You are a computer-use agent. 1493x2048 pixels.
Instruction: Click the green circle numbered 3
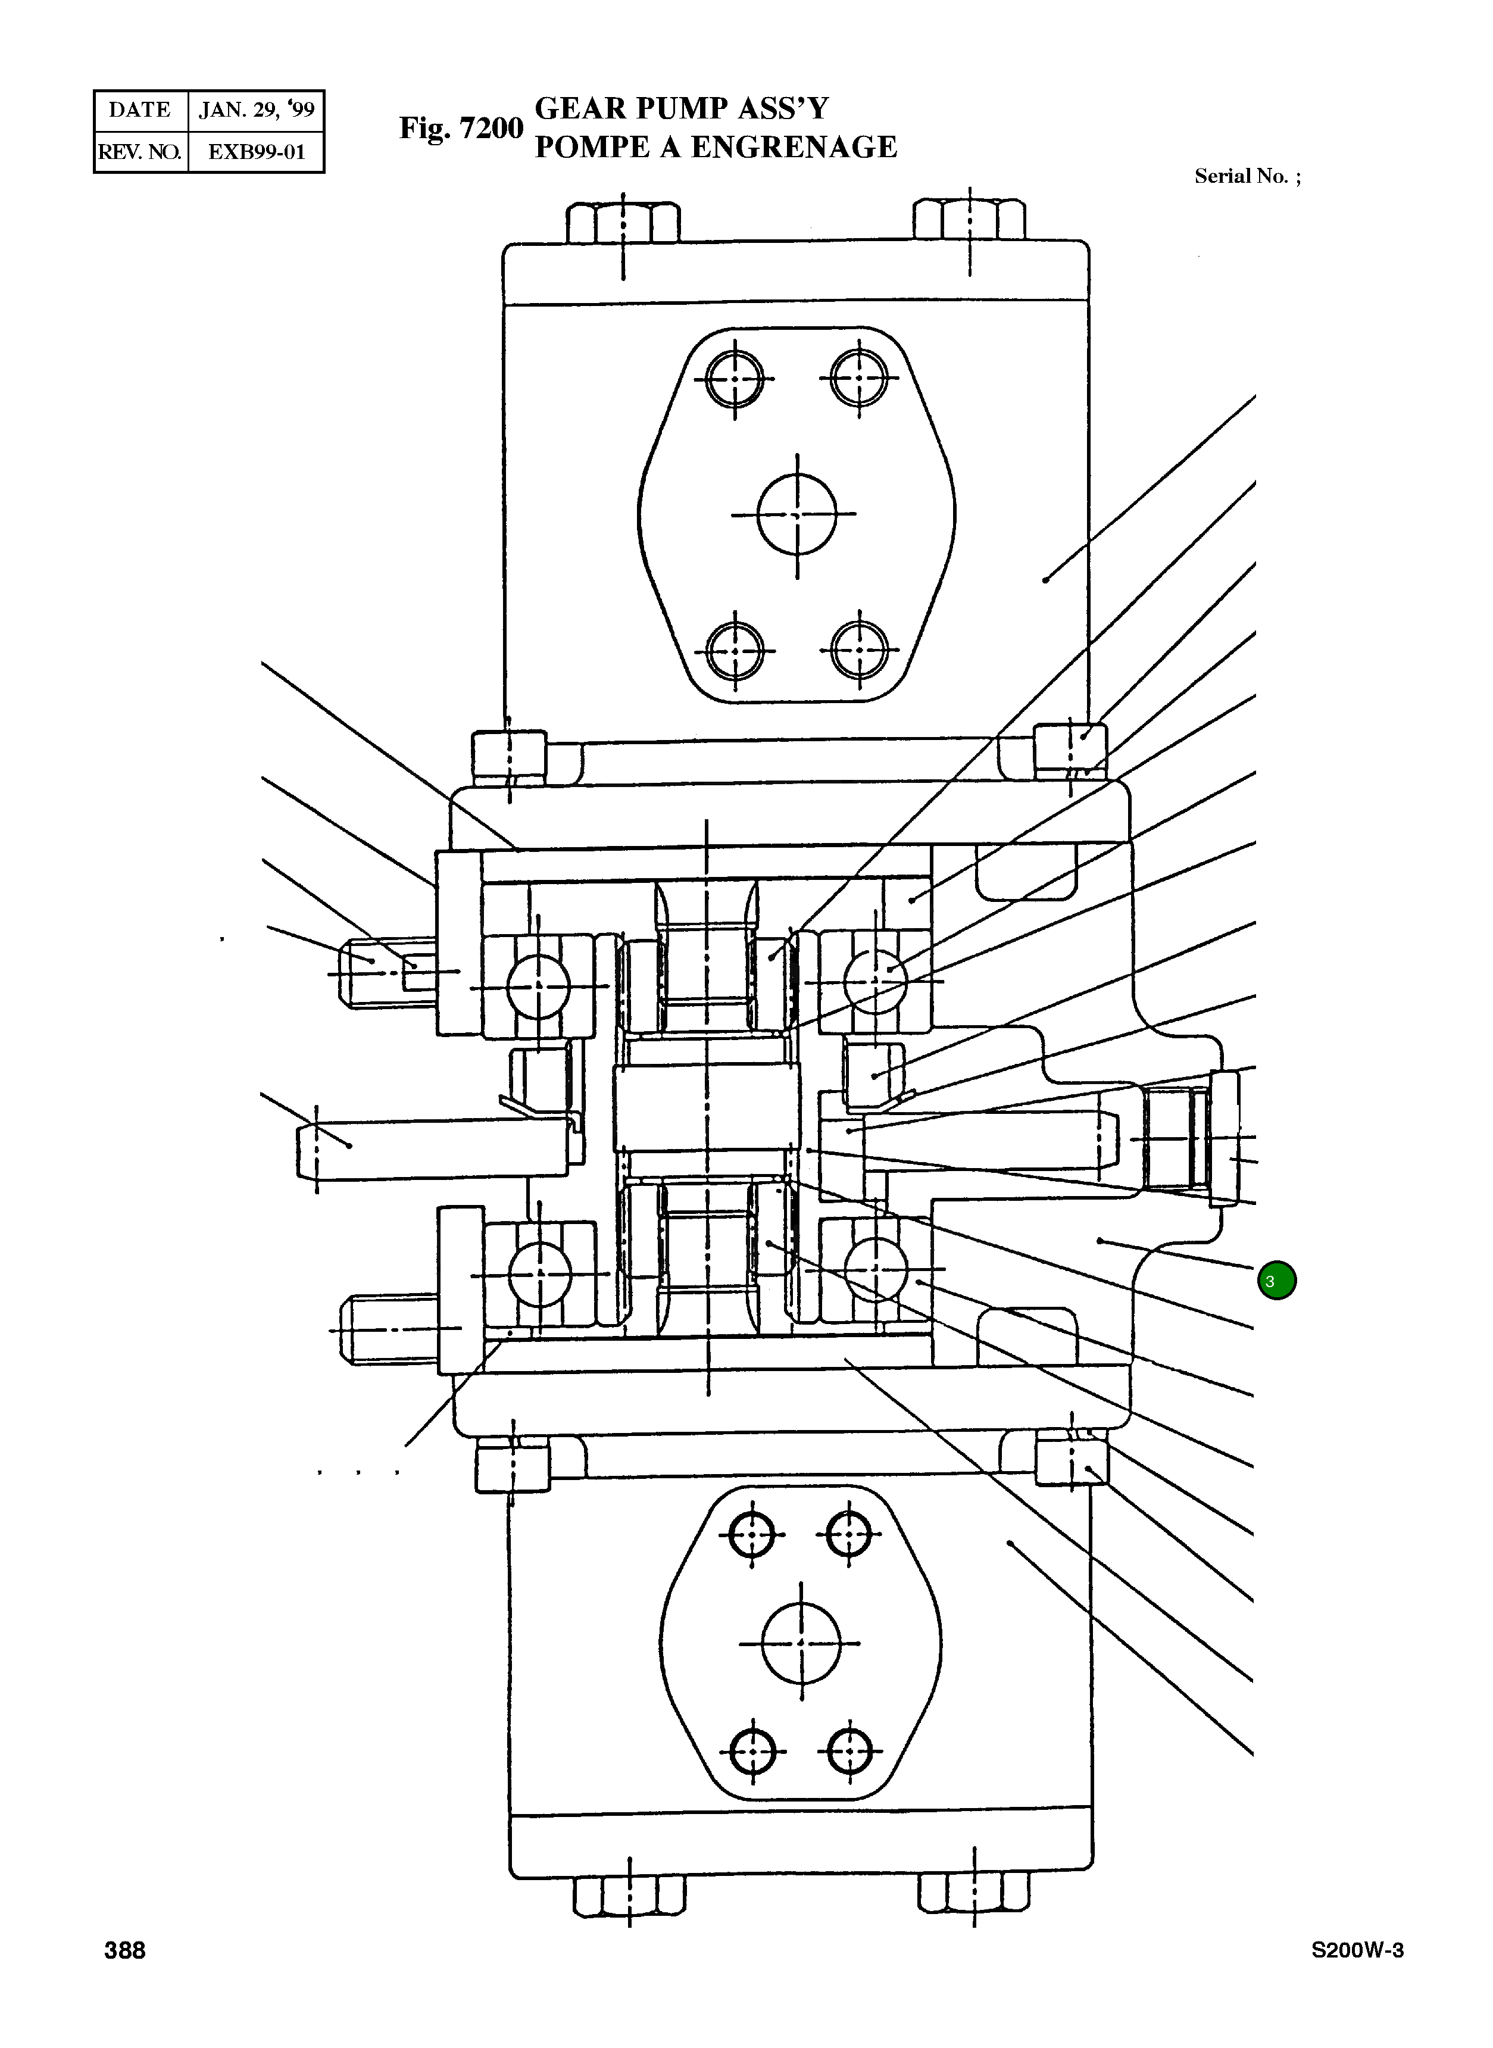1276,1281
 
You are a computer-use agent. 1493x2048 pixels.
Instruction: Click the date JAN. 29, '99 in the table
257,110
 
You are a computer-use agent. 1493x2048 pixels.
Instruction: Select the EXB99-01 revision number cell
257,152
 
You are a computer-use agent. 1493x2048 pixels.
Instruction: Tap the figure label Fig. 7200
461,129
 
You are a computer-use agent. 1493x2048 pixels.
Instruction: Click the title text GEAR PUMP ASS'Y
682,108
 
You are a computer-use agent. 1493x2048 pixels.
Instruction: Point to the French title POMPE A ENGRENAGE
716,147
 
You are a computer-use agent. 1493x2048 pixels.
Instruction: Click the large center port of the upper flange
796,514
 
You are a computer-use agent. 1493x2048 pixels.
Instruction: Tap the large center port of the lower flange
801,1643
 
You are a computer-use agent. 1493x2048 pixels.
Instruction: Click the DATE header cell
140,110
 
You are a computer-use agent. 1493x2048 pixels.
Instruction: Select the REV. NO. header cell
140,152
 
